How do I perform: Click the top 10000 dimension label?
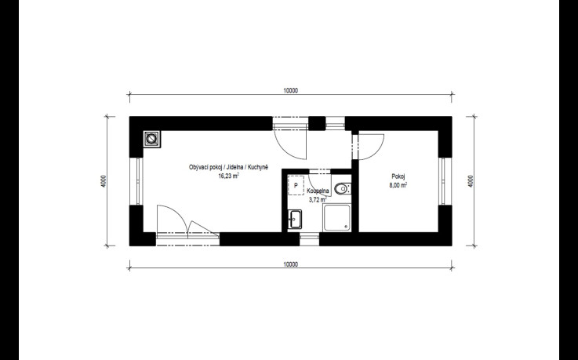290,91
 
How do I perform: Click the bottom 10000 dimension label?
290,264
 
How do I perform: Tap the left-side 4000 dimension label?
104,181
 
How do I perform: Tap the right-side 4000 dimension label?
471,181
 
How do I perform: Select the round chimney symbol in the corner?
151,139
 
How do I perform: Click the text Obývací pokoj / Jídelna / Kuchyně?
228,167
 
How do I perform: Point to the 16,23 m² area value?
228,176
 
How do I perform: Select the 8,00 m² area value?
398,185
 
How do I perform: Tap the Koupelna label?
318,191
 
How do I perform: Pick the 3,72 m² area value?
318,200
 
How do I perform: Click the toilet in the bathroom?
343,189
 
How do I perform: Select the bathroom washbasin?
295,219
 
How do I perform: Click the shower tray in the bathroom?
336,218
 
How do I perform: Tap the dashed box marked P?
296,186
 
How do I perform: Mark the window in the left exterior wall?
138,181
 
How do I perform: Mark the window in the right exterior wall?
443,181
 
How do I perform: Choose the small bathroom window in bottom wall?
309,239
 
